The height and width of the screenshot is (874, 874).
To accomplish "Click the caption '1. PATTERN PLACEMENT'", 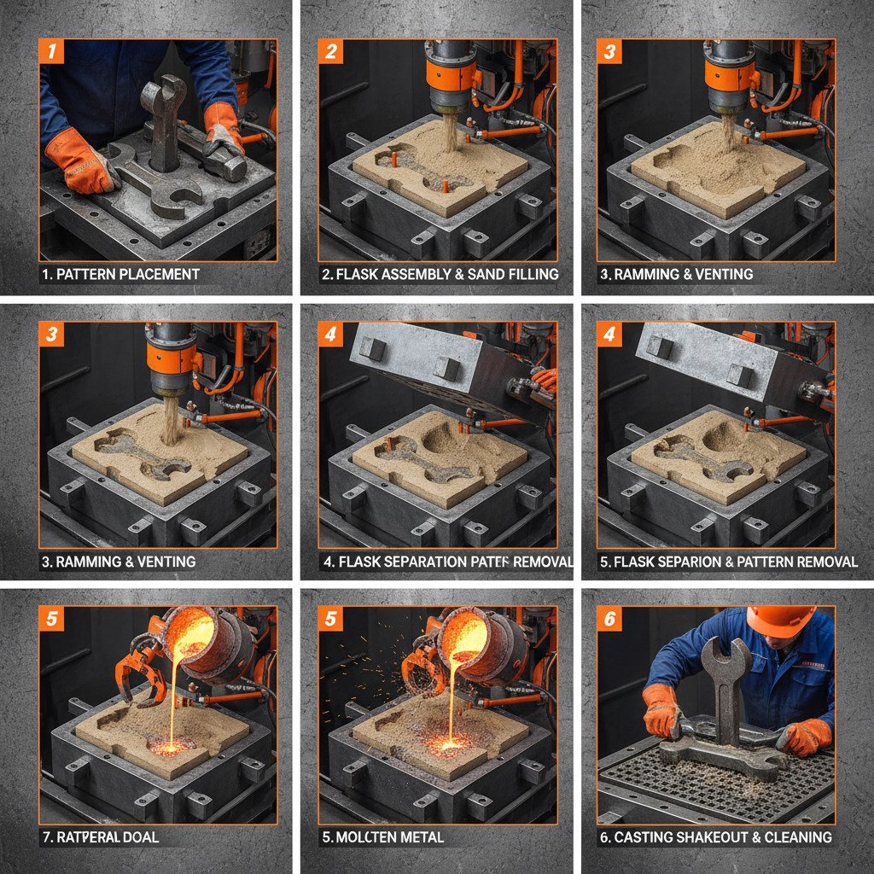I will click(x=120, y=275).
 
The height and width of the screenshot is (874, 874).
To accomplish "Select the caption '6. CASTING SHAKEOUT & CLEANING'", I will click(x=715, y=837).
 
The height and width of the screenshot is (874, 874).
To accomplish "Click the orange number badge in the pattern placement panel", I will click(x=52, y=51).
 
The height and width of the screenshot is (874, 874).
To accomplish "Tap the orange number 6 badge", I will click(x=609, y=619).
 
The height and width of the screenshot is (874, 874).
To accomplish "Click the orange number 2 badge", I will click(x=331, y=51).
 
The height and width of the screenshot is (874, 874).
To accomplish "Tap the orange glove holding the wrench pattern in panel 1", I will click(x=81, y=160).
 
